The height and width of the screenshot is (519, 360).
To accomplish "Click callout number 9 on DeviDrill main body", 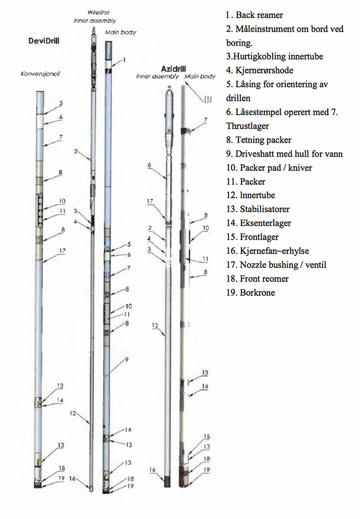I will coord(127,359).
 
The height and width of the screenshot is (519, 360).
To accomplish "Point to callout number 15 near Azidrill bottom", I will coord(206,437).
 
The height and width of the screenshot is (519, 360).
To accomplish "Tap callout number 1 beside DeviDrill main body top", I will coord(125,60).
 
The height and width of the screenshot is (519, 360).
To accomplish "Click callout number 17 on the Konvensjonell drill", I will coord(61,251).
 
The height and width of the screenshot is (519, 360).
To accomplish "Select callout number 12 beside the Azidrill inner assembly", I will coord(154,325).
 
